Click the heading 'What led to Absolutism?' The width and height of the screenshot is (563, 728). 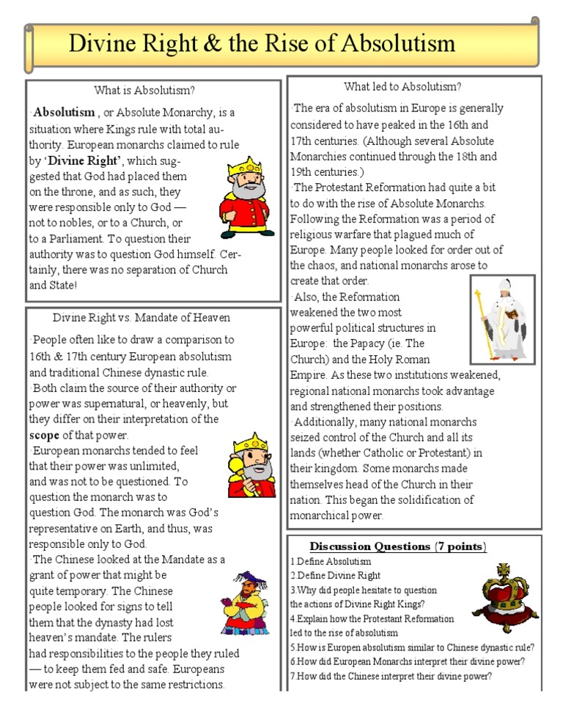[402, 86]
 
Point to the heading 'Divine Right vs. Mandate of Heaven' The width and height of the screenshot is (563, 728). [141, 317]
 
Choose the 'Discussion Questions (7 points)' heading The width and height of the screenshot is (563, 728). [398, 546]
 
